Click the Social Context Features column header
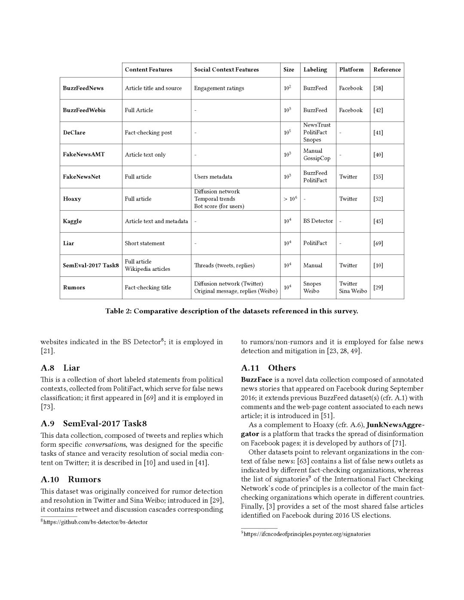click(x=226, y=70)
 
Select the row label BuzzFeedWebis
click(x=84, y=110)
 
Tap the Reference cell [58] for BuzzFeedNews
click(x=378, y=88)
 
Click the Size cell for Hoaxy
click(x=290, y=199)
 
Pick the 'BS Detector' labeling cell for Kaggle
click(x=318, y=221)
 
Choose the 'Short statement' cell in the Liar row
click(x=144, y=243)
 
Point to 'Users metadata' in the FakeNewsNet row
click(x=213, y=177)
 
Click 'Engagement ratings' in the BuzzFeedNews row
click(x=219, y=88)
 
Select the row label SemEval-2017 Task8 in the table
click(x=91, y=265)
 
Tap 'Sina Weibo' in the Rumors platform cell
click(x=353, y=291)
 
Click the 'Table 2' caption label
click(x=118, y=311)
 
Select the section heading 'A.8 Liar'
click(x=60, y=368)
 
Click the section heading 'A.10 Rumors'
click(x=71, y=479)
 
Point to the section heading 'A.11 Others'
click(x=268, y=368)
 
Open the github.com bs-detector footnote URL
click(x=95, y=522)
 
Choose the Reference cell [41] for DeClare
click(x=378, y=133)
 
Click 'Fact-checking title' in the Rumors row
click(x=148, y=288)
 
